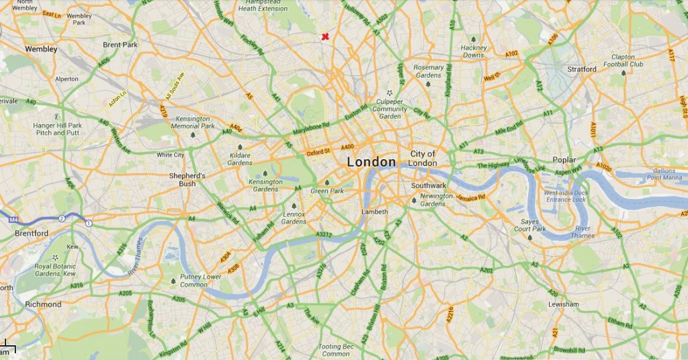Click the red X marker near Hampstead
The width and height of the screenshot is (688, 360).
(325, 36)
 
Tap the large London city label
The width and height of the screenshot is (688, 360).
(372, 162)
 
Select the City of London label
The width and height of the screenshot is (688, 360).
(423, 159)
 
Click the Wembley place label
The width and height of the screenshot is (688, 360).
(41, 49)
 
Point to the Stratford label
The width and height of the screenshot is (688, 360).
(581, 69)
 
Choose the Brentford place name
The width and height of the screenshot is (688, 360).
(32, 233)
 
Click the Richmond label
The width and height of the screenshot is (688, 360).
(43, 304)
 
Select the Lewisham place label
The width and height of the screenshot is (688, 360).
(563, 304)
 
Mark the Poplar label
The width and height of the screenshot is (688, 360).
(564, 160)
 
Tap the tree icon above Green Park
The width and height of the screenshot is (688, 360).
(327, 182)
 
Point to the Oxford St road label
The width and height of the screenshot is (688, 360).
(319, 152)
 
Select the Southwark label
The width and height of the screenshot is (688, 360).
(428, 185)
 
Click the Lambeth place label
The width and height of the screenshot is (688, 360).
(375, 212)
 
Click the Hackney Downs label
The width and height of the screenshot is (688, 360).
(474, 51)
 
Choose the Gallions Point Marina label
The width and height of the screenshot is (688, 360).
(664, 174)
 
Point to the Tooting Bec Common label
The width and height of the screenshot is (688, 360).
(335, 350)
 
